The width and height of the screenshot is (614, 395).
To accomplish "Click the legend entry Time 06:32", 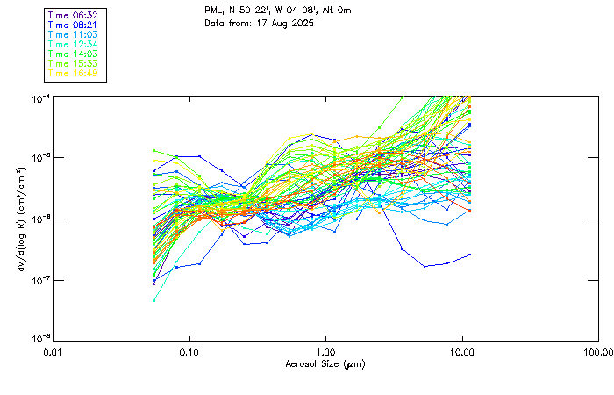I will pyautogui.click(x=75, y=16).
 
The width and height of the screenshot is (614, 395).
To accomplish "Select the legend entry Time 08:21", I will pyautogui.click(x=75, y=25).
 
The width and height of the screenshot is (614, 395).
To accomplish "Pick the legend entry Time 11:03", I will pyautogui.click(x=75, y=34).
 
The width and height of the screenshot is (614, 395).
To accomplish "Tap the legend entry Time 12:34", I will pyautogui.click(x=75, y=44).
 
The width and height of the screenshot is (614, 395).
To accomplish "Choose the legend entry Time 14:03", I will pyautogui.click(x=75, y=54).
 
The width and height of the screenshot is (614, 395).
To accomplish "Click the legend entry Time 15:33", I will pyautogui.click(x=75, y=63).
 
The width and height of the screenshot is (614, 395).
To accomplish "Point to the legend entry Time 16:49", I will pyautogui.click(x=75, y=73).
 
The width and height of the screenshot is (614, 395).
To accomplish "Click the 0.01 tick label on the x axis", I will pyautogui.click(x=53, y=353).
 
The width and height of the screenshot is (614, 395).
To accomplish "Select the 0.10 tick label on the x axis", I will pyautogui.click(x=189, y=353).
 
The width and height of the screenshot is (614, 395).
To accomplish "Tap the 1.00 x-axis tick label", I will pyautogui.click(x=325, y=353).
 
